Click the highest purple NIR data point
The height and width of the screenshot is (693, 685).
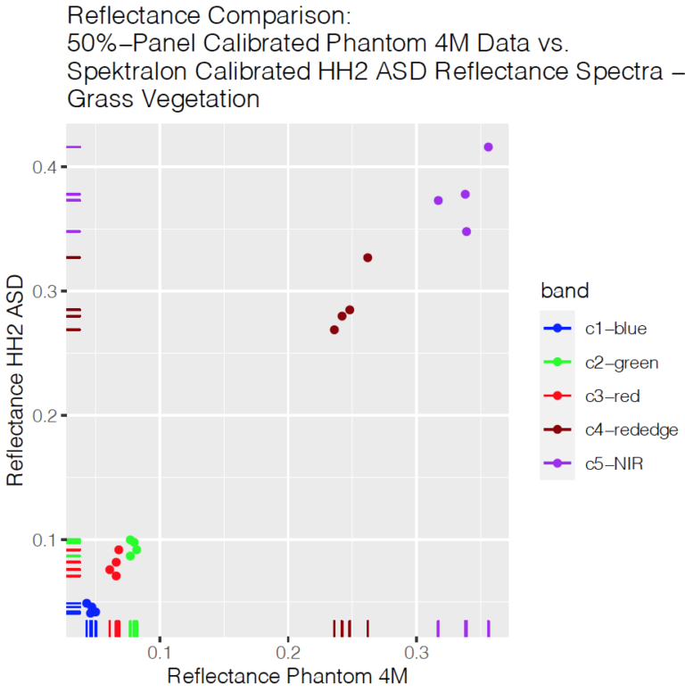point(488,146)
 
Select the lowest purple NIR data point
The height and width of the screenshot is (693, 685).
point(466,231)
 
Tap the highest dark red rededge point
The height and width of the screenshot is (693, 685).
point(367,257)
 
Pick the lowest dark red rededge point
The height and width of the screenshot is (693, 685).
point(334,330)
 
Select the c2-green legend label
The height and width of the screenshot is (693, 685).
point(622,363)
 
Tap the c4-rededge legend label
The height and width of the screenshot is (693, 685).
point(631,430)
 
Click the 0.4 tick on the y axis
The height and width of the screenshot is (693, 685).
point(46,167)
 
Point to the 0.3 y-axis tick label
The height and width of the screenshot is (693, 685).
point(46,291)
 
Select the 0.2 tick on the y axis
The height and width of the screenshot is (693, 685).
point(46,416)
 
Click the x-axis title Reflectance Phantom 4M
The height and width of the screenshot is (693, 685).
point(287,676)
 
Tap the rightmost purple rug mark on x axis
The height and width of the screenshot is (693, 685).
point(488,629)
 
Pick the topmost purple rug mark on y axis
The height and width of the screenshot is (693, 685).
point(73,146)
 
